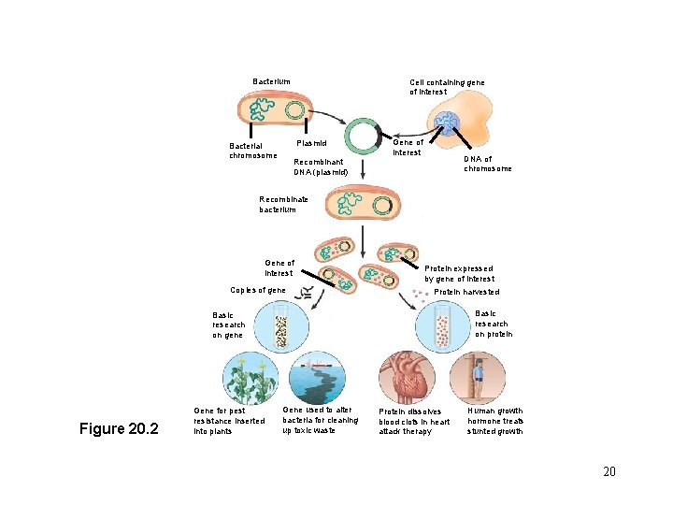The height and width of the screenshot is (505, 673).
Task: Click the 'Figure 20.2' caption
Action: [119, 429]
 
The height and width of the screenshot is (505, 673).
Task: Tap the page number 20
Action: [609, 471]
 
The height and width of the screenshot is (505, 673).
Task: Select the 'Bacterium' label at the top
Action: [271, 81]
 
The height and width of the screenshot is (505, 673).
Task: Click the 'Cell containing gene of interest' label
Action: [447, 87]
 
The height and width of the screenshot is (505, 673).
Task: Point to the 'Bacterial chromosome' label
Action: [252, 150]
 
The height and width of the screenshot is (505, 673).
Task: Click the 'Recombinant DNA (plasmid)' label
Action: [321, 167]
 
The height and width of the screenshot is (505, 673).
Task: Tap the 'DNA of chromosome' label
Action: [487, 164]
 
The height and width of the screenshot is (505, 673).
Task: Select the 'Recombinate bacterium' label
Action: [283, 204]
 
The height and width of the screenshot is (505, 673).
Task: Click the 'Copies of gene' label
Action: [258, 290]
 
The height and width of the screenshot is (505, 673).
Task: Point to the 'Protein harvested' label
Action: [467, 292]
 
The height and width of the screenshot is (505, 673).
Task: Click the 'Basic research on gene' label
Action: [229, 325]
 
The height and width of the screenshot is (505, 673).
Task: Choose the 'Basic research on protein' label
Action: [491, 323]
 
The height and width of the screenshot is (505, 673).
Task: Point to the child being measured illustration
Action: [477, 378]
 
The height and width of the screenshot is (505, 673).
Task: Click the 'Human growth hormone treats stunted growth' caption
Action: [495, 421]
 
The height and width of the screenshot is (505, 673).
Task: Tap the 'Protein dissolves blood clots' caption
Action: [414, 421]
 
